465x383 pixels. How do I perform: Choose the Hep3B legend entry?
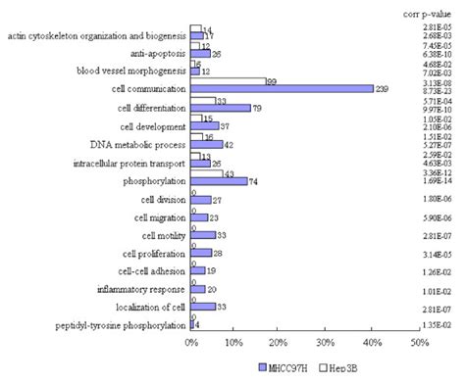point(337,366)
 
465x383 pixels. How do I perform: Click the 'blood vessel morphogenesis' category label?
point(129,72)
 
